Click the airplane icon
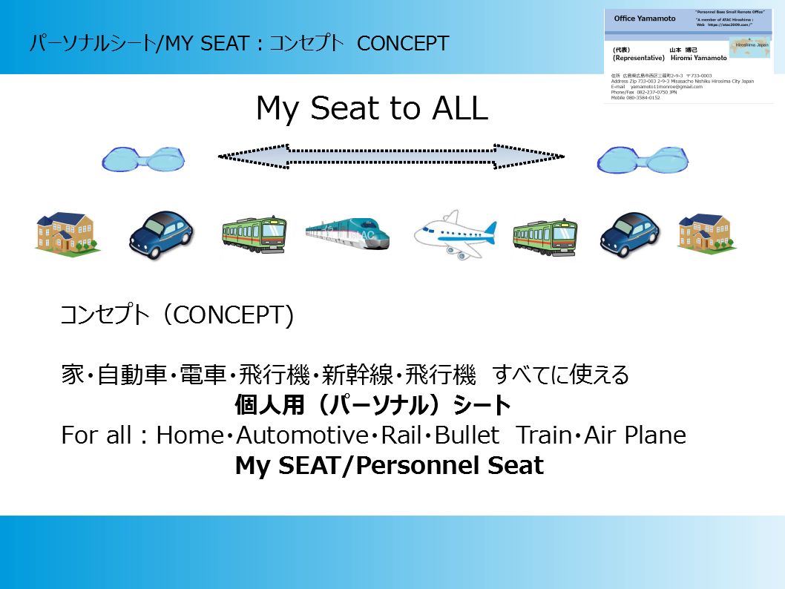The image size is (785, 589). (x=454, y=233)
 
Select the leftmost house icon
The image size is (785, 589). (x=68, y=233)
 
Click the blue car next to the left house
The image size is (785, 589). (x=161, y=234)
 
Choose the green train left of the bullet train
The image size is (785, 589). (x=254, y=234)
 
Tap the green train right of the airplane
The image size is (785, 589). (x=545, y=236)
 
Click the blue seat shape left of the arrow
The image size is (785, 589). (x=142, y=158)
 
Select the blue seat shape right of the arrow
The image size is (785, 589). (x=640, y=158)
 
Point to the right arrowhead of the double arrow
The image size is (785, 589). (x=545, y=156)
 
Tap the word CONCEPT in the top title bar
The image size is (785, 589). (x=403, y=43)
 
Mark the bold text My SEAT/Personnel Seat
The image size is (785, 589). (x=389, y=466)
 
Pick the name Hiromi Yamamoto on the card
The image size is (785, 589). (x=698, y=57)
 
